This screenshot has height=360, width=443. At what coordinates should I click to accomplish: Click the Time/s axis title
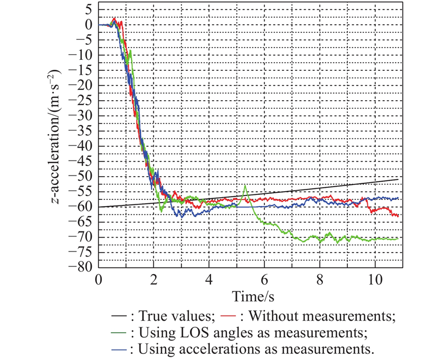[x=251, y=295]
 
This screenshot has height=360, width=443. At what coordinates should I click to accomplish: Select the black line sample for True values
[x=117, y=317]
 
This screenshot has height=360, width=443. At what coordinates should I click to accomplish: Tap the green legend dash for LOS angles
[x=117, y=333]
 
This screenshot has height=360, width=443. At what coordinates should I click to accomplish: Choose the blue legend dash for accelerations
[x=117, y=349]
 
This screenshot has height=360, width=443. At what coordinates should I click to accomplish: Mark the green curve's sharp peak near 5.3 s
[x=245, y=186]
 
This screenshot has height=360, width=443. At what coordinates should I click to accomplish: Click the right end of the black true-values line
[x=398, y=179]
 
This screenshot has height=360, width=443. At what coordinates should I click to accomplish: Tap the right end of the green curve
[x=398, y=238]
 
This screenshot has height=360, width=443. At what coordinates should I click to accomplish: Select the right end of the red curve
[x=398, y=215]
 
